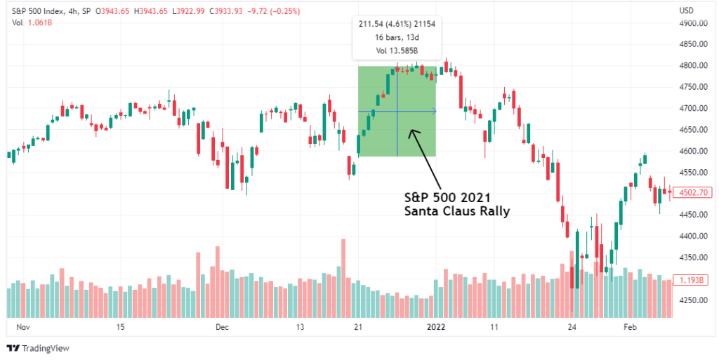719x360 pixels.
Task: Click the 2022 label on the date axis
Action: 437,327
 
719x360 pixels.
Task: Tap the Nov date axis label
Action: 23,327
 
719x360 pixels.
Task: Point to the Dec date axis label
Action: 223,327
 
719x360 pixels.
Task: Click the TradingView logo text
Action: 45,349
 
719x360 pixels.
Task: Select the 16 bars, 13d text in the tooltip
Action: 397,36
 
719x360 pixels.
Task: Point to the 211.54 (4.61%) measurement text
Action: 397,24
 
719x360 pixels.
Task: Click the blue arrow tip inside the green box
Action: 435,111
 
